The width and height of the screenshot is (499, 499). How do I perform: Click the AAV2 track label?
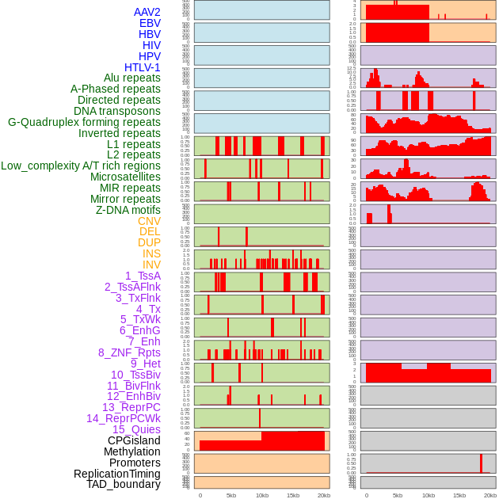[x=147, y=12]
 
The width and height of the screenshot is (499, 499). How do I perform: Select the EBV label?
[x=150, y=23]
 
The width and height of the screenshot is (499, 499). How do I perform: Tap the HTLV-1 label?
[x=143, y=67]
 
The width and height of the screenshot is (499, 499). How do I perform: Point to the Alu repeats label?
[x=132, y=78]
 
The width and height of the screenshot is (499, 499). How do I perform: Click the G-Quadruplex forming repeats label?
[x=84, y=122]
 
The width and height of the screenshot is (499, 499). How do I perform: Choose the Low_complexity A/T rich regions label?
[x=81, y=166]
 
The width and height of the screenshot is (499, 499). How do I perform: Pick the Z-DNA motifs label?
[x=128, y=210]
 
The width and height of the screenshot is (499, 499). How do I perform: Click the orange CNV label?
[x=149, y=221]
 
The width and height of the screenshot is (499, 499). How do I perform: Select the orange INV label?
[x=151, y=265]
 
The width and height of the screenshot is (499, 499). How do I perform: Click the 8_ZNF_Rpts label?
[x=129, y=352]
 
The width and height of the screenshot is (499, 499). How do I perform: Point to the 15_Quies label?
[x=136, y=429]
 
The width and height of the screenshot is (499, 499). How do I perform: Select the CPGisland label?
[x=134, y=440]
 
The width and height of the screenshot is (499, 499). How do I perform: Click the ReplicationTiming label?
[x=117, y=474]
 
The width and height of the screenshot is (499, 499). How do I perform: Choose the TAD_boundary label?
[x=124, y=484]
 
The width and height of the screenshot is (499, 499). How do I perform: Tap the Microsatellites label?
[x=125, y=177]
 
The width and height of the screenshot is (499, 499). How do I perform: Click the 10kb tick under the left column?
[x=261, y=495]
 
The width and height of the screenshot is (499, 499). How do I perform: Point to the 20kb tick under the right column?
[x=490, y=495]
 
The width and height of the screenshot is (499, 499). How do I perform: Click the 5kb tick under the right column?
[x=398, y=495]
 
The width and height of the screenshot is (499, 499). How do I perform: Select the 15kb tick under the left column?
[x=292, y=495]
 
